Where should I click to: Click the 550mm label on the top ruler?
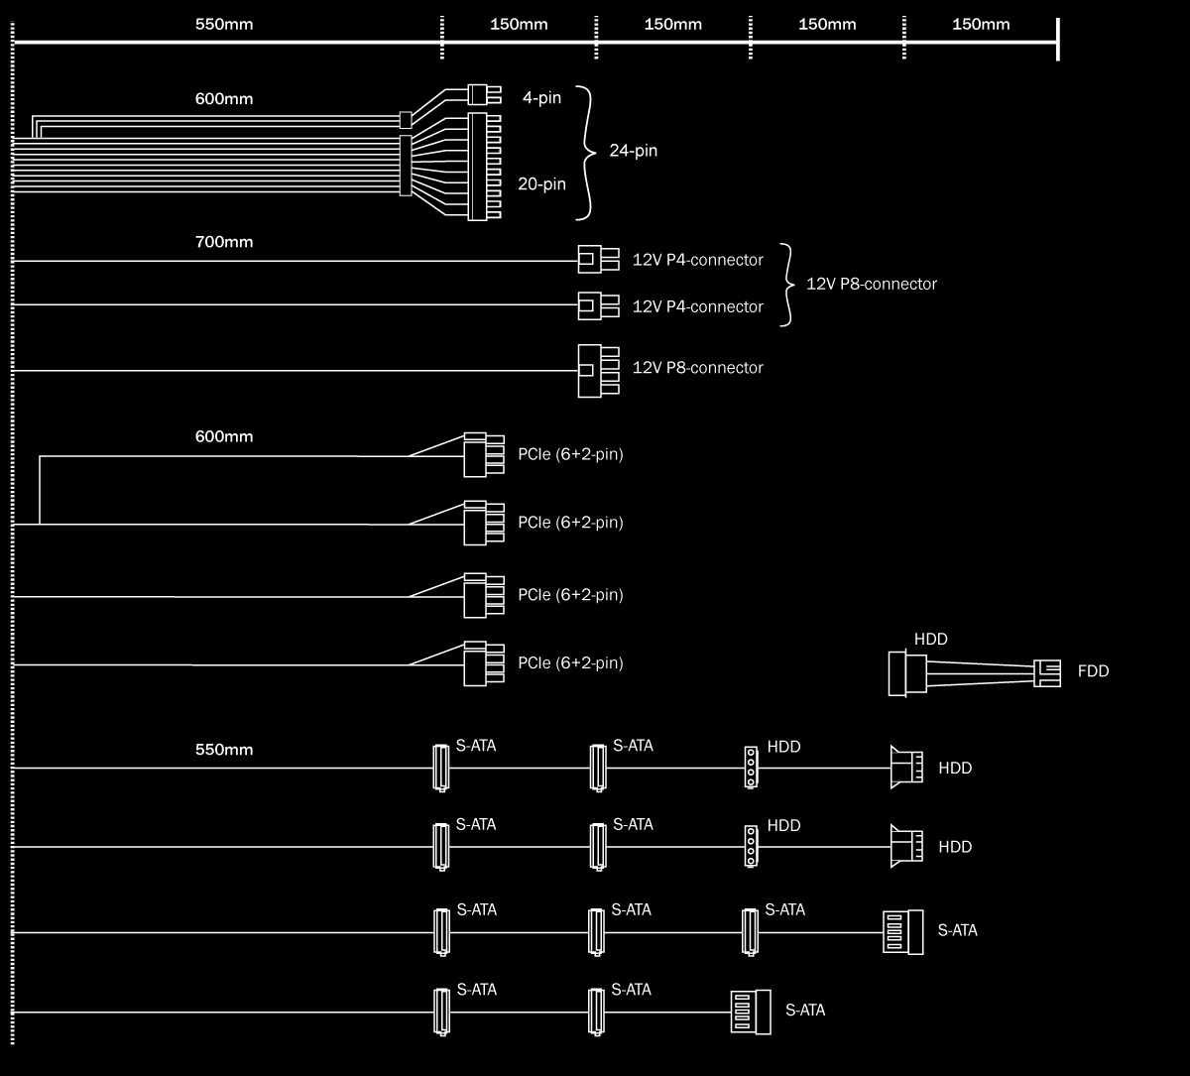click(225, 24)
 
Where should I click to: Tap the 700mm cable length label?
click(225, 241)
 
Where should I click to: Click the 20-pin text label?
click(541, 183)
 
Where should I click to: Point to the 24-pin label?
click(633, 151)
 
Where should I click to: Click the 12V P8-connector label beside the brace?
click(871, 284)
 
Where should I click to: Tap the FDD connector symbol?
click(1046, 672)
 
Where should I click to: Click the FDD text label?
click(1093, 671)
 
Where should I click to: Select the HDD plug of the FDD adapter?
click(908, 671)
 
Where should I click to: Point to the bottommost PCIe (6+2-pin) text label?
click(570, 662)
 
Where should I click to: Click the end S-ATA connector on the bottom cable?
click(750, 1012)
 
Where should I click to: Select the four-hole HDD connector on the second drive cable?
click(751, 846)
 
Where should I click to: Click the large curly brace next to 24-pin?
click(586, 152)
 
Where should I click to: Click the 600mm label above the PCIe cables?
click(225, 436)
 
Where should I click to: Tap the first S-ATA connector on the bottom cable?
click(438, 1012)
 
